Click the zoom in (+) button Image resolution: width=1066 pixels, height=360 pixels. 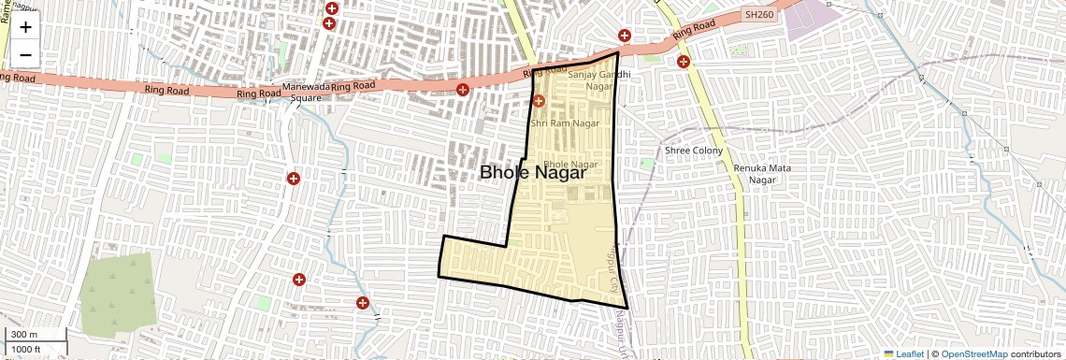click(25, 27)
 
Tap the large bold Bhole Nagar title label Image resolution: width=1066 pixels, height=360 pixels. click(533, 172)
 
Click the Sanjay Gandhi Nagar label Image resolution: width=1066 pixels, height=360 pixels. click(593, 79)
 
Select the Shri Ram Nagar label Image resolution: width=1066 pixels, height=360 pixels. click(565, 122)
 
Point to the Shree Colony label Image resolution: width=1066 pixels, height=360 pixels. click(694, 150)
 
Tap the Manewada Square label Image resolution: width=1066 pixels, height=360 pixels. click(308, 91)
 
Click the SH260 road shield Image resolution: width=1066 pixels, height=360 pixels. click(757, 16)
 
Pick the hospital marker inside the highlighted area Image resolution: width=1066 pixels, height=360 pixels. click(539, 101)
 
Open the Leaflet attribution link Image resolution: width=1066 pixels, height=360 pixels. click(903, 353)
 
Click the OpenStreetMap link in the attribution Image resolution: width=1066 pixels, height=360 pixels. click(973, 353)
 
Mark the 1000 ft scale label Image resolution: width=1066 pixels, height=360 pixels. click(27, 349)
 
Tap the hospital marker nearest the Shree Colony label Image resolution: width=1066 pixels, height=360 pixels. click(684, 63)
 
